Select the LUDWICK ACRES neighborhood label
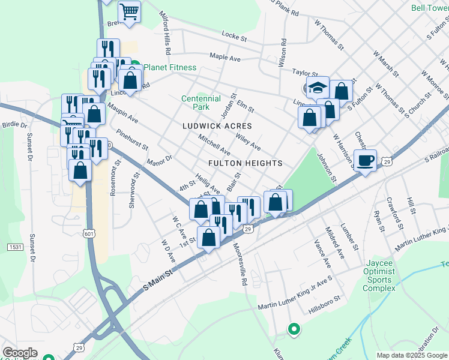[x=217, y=126]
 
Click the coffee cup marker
[x=364, y=160]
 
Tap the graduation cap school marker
[x=318, y=87]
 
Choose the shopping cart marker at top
[x=129, y=11]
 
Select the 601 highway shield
[x=89, y=234]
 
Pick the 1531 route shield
[x=15, y=247]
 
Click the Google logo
[x=20, y=353]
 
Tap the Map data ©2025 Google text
[x=412, y=355]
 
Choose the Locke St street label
[x=234, y=37]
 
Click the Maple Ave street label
[x=225, y=57]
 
